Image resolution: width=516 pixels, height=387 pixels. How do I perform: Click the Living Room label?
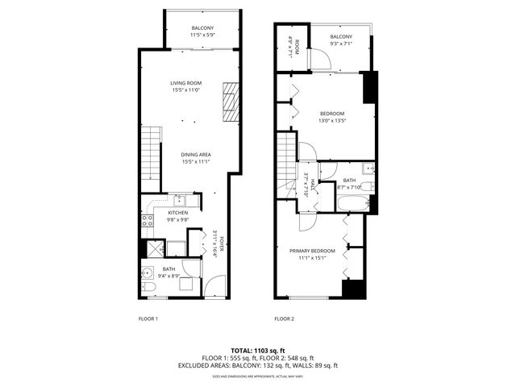[185, 83]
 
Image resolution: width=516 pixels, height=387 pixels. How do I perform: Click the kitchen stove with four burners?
[148, 218]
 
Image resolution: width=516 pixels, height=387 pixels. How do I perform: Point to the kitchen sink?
[181, 200]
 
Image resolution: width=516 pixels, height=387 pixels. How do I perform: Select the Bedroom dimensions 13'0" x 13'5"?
[332, 121]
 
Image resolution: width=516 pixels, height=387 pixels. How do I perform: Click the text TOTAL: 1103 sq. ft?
[258, 350]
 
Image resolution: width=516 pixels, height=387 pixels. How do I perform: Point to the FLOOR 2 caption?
[285, 318]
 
